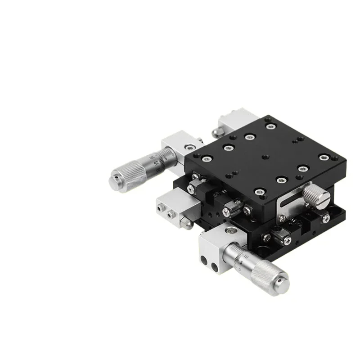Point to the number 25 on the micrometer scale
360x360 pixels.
point(156,162)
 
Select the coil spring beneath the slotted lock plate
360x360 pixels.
point(297,221)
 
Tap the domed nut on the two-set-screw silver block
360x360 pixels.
point(186,223)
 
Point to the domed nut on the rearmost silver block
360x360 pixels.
point(215,130)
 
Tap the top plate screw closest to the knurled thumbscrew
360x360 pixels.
point(302,168)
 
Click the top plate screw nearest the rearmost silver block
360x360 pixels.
point(270,126)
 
